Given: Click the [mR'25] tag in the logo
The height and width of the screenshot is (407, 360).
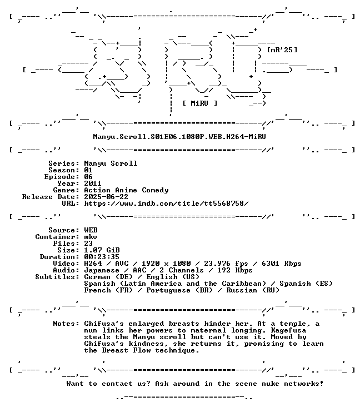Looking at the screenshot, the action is click(x=282, y=49).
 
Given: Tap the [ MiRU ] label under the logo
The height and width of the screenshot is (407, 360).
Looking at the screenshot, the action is click(x=199, y=103).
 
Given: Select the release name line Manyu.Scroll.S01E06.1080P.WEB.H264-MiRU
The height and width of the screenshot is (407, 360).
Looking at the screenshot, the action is click(x=179, y=137).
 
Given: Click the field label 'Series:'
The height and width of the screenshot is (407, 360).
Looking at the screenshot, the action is click(x=64, y=163).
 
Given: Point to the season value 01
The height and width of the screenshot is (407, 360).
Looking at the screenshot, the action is click(x=88, y=170).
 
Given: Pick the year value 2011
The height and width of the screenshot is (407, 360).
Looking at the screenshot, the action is click(x=93, y=183).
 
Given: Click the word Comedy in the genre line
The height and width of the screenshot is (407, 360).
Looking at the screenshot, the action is click(x=155, y=190).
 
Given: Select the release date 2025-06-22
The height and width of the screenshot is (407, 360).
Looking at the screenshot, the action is click(x=106, y=197).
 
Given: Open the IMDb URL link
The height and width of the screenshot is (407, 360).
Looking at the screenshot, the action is click(x=166, y=203).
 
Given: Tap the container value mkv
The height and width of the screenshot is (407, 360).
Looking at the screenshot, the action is click(x=91, y=237).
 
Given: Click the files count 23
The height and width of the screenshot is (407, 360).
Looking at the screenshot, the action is click(x=88, y=244).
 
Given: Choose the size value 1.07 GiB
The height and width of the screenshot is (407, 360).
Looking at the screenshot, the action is click(x=102, y=250).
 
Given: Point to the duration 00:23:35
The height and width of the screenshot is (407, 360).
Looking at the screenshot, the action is click(x=102, y=257).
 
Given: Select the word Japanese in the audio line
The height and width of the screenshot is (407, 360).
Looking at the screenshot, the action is click(x=102, y=270).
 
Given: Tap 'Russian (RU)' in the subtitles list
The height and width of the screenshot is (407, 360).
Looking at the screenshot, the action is click(x=253, y=290).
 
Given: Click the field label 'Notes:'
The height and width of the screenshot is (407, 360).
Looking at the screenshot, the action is click(x=66, y=324).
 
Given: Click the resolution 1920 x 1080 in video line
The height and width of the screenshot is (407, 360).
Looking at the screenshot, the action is click(x=166, y=264).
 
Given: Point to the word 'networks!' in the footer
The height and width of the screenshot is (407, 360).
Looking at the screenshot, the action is click(x=303, y=384).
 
